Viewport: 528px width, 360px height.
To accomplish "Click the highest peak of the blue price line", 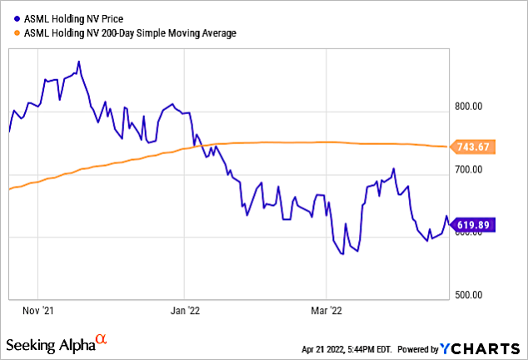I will click(x=78, y=62).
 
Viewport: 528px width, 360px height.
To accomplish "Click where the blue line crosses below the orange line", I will click(x=196, y=146).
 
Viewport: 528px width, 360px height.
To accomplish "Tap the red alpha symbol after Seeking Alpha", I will click(x=101, y=340).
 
